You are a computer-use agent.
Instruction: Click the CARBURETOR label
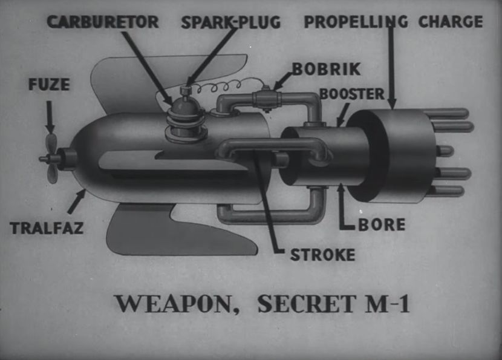(103, 22)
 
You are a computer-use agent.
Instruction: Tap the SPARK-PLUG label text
(231, 22)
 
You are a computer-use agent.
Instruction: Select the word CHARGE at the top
(451, 22)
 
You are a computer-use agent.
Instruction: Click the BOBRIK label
(321, 68)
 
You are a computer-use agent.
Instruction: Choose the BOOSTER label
(351, 94)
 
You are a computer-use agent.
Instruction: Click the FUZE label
(48, 85)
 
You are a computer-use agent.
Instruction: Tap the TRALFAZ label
(47, 228)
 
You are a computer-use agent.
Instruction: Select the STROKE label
(322, 255)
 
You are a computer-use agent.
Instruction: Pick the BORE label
(382, 224)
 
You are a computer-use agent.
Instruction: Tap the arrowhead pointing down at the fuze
(50, 128)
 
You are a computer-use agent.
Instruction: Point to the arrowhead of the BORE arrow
(342, 188)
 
